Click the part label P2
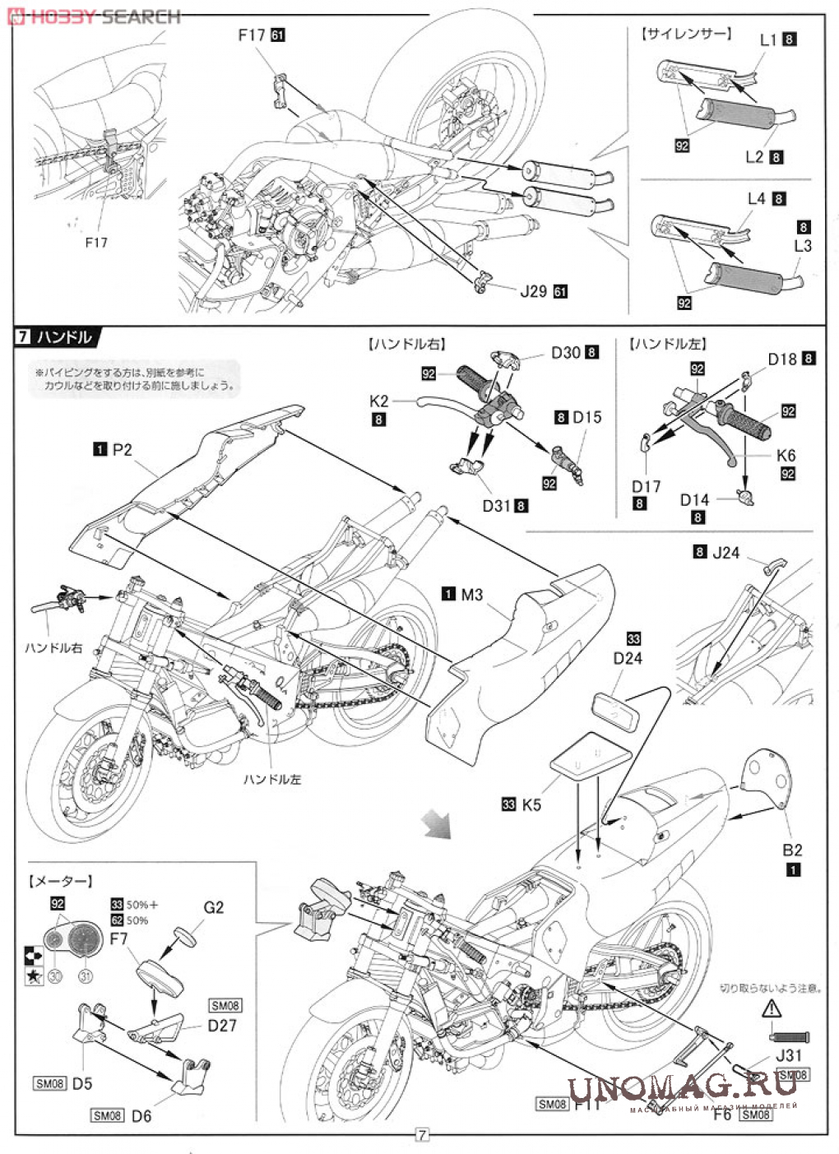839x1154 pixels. click(x=122, y=450)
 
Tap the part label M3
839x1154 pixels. click(x=471, y=594)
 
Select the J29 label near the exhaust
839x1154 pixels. click(x=533, y=290)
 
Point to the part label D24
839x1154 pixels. click(x=628, y=658)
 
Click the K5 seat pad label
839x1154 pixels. click(x=531, y=804)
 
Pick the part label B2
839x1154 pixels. click(x=792, y=850)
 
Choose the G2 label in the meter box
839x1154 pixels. click(x=213, y=907)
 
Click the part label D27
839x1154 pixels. click(x=222, y=1026)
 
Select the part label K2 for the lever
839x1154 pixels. click(x=378, y=401)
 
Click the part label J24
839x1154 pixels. click(x=725, y=553)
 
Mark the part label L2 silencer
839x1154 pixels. click(x=755, y=156)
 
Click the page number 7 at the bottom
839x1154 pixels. click(x=420, y=1136)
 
